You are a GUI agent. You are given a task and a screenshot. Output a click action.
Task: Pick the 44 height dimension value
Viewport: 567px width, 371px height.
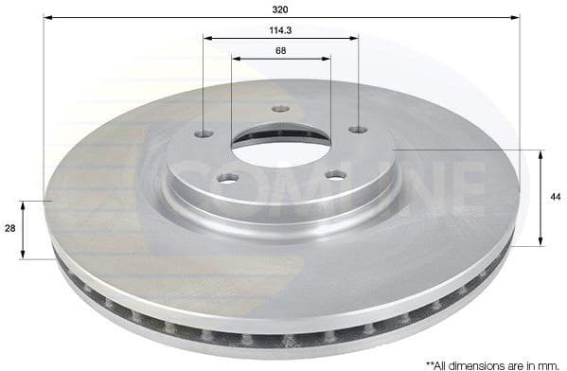tap(554, 196)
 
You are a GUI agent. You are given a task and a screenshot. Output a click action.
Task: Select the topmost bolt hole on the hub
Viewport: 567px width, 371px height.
tap(279, 109)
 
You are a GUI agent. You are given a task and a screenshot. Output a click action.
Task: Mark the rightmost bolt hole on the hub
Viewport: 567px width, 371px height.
tap(356, 129)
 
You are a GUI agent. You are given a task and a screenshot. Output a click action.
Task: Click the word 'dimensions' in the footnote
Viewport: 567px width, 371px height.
tap(479, 362)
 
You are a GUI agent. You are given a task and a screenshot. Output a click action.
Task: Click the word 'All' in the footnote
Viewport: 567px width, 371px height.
tap(442, 362)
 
